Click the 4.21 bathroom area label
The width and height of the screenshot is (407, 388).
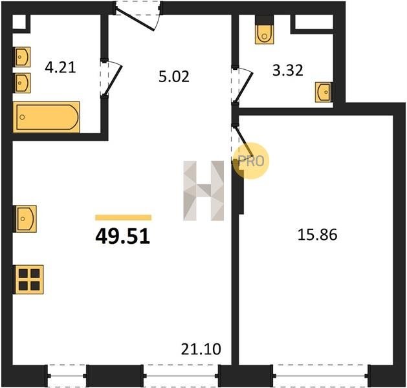click(x=60, y=68)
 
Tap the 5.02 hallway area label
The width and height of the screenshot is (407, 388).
click(x=174, y=77)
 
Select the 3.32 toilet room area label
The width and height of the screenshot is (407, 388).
click(x=288, y=70)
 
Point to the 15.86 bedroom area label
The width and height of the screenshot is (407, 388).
click(x=317, y=235)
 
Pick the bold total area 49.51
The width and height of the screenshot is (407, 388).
click(x=123, y=237)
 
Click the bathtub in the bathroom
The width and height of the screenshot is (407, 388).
click(x=46, y=117)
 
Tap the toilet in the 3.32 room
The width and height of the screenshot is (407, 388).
click(x=264, y=30)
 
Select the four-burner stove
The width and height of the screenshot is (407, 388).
click(x=29, y=279)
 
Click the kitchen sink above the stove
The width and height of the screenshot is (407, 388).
click(x=25, y=219)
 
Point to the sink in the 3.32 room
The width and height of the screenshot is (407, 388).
click(x=324, y=92)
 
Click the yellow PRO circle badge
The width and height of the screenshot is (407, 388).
click(x=251, y=161)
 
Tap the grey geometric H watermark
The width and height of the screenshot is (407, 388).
click(x=203, y=191)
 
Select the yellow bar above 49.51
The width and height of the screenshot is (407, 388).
click(x=124, y=217)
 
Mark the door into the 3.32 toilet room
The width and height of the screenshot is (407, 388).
click(x=243, y=85)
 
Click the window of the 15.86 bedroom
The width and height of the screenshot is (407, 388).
click(x=320, y=376)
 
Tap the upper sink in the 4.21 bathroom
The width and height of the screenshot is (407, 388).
click(x=22, y=57)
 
